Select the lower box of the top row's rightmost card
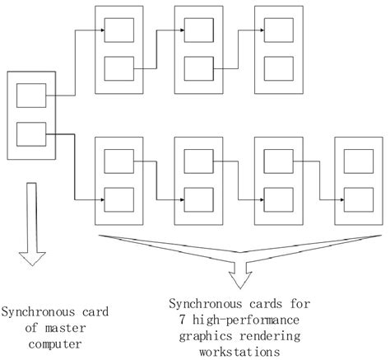[280, 68]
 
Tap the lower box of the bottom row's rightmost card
[359, 199]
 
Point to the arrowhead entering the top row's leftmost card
[101, 31]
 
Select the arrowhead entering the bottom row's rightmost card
[340, 199]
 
